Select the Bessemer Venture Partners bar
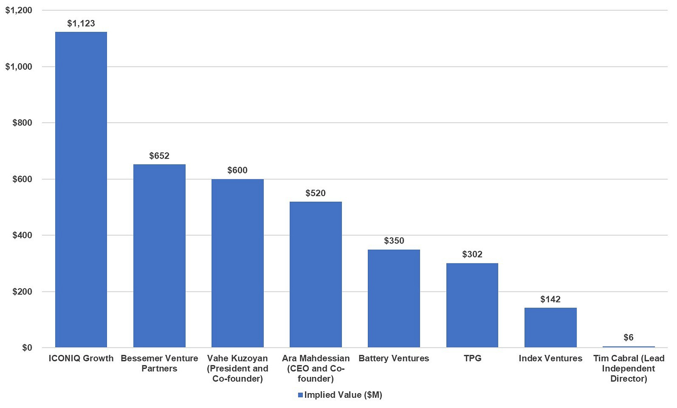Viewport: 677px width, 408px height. point(159,256)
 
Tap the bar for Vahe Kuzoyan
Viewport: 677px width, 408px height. point(237,263)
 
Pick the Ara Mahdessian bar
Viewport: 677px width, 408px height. point(315,274)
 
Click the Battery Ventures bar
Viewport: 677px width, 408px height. point(393,298)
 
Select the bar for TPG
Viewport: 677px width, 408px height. point(472,305)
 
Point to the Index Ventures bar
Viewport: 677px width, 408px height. point(550,328)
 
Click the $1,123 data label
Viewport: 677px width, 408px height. point(81,23)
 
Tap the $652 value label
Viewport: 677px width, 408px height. point(159,156)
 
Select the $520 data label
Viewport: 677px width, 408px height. point(315,193)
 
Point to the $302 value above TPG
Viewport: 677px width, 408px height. point(472,254)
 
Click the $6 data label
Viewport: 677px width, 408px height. point(628,337)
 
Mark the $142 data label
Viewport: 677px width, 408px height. point(550,299)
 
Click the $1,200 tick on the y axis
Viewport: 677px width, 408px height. point(19,10)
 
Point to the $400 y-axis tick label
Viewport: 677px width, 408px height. point(22,235)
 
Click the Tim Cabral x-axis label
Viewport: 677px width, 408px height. point(628,369)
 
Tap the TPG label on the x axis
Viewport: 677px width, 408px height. point(472,358)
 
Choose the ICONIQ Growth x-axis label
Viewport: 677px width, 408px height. point(81,358)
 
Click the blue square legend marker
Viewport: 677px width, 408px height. point(300,395)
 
